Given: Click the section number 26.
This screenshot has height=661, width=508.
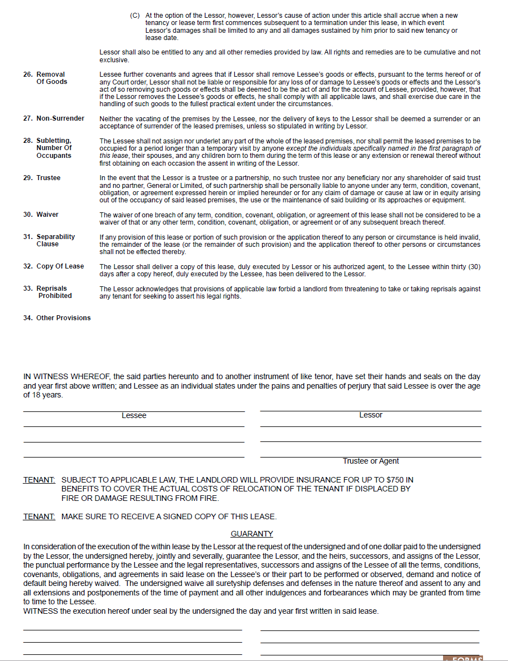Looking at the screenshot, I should click(27, 74).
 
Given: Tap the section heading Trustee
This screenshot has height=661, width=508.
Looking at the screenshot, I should click(48, 178).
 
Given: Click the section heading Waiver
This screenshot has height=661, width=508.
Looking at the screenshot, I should click(47, 215).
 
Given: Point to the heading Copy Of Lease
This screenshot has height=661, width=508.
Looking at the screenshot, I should click(60, 266).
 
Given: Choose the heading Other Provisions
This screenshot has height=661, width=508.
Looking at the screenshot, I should click(63, 318).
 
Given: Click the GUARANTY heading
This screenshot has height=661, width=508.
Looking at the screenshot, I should click(252, 534).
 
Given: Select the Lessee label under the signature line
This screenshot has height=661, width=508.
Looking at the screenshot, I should click(134, 416).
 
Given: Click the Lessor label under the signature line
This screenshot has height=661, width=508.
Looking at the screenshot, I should click(370, 415).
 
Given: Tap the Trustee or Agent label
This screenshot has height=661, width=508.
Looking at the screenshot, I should click(370, 461).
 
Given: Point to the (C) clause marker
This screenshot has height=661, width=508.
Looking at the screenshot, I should click(135, 16).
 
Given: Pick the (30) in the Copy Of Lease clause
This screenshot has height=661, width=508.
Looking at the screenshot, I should click(474, 267).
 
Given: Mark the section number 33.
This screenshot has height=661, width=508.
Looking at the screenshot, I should click(27, 289).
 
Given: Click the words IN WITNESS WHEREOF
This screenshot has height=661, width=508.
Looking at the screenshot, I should click(67, 377).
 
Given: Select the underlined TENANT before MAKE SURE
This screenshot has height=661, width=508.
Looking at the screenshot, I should click(39, 516).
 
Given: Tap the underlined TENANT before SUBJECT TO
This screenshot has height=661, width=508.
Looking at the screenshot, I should click(39, 480).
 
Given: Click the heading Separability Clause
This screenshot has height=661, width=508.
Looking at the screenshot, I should click(56, 240).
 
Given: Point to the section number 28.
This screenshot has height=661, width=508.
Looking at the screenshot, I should click(27, 141).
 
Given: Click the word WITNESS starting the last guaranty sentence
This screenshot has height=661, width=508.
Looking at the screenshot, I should click(41, 611).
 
